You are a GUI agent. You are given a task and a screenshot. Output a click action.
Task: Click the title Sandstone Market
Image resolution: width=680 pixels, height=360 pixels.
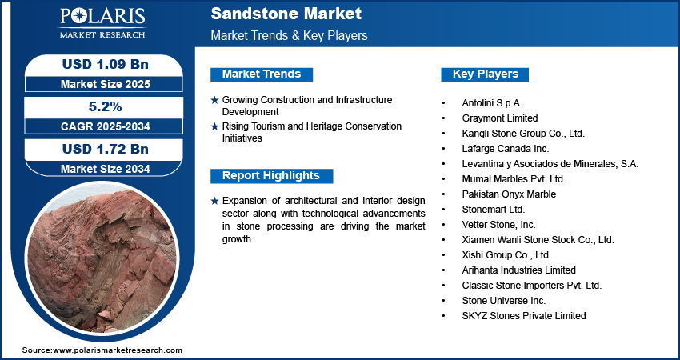(x=286, y=14)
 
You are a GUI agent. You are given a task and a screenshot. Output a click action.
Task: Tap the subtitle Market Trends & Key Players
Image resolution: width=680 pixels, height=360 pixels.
(x=289, y=36)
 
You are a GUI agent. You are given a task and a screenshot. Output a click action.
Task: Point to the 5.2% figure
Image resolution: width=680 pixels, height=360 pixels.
(x=100, y=106)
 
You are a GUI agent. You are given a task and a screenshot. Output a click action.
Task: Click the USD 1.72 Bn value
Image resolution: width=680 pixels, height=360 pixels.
(x=100, y=148)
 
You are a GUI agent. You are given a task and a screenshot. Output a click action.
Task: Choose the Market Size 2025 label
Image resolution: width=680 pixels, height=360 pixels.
(x=100, y=83)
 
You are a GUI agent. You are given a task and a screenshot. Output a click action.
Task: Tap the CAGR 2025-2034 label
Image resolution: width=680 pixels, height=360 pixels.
(x=100, y=126)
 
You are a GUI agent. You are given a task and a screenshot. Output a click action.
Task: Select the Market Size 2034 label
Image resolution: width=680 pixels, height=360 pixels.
(x=100, y=168)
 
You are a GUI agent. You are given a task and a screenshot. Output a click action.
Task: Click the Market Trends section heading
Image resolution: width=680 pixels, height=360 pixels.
(x=262, y=74)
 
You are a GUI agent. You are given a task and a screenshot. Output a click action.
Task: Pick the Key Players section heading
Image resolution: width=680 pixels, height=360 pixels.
(x=486, y=74)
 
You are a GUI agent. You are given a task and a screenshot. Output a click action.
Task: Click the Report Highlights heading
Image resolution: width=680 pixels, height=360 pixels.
(x=270, y=176)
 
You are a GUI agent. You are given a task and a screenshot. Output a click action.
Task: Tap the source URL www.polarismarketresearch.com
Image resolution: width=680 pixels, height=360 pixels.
(x=118, y=350)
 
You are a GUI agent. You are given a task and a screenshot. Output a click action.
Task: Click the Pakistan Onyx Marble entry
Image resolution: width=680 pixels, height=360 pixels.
(x=509, y=194)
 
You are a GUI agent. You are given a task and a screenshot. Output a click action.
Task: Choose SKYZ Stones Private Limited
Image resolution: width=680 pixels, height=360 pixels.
(x=524, y=315)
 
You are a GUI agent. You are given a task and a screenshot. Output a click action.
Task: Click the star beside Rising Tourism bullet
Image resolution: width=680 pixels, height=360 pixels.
(x=214, y=126)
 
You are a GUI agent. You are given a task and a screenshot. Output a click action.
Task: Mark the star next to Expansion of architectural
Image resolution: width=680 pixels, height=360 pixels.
(x=214, y=201)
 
